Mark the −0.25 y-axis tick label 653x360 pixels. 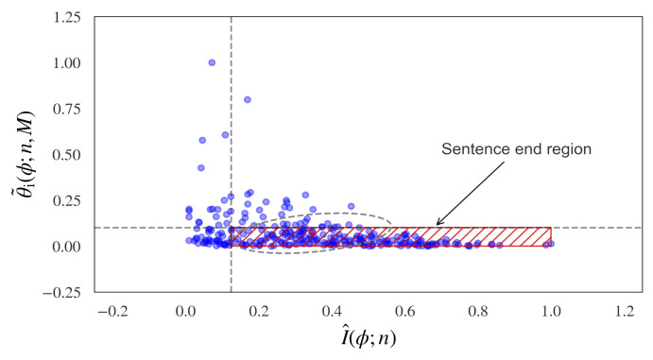pyautogui.click(x=63, y=292)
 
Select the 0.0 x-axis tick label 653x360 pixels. pyautogui.click(x=185, y=310)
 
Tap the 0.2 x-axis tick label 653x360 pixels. pyautogui.click(x=259, y=310)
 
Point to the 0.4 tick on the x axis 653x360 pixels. pyautogui.click(x=332, y=310)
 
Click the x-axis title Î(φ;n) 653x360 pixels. pyautogui.click(x=368, y=338)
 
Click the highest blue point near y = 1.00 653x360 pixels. pyautogui.click(x=212, y=62)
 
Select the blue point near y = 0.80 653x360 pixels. pyautogui.click(x=248, y=99)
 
